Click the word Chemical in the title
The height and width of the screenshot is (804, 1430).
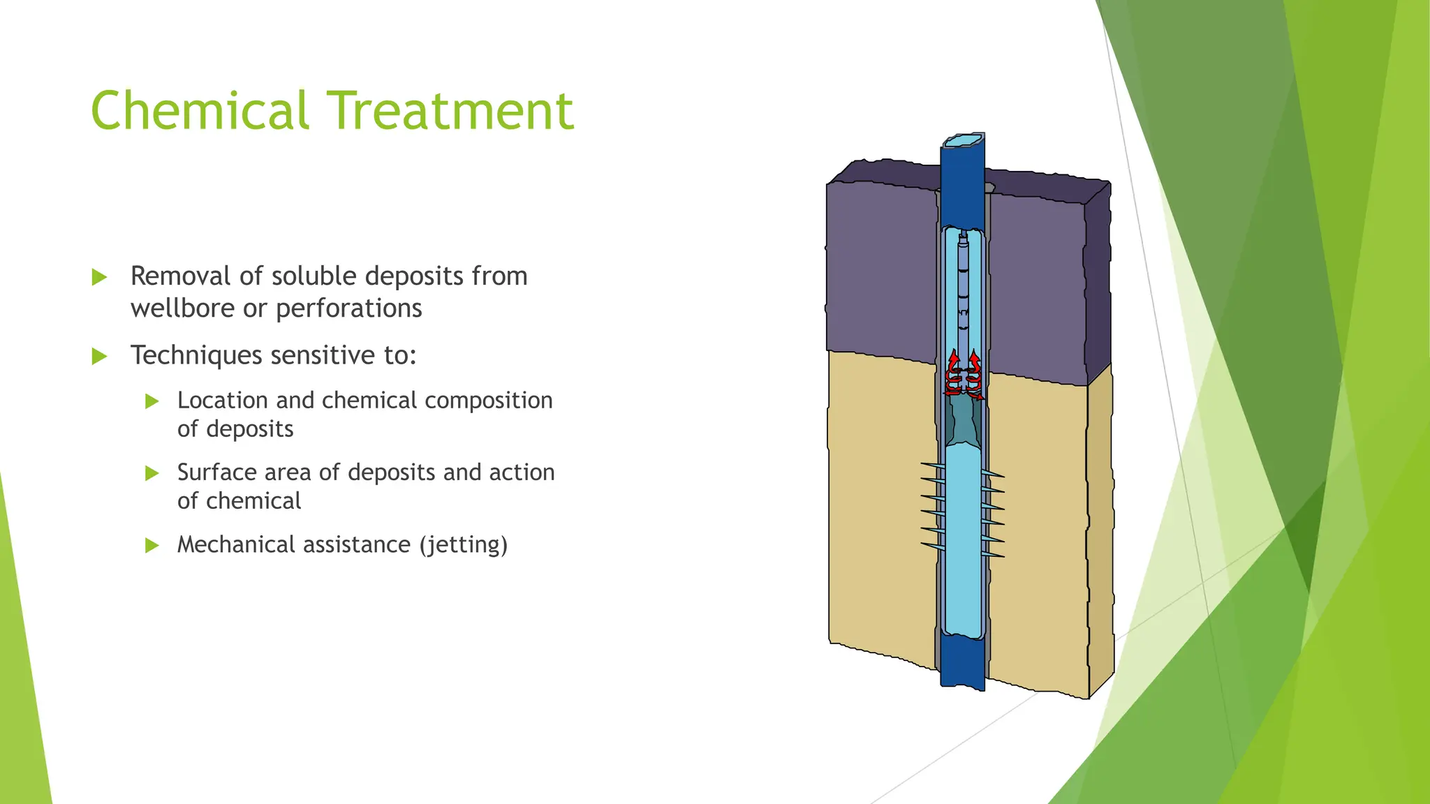200,111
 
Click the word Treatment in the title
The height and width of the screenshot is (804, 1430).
451,111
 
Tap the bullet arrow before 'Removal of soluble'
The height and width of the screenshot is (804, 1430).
100,277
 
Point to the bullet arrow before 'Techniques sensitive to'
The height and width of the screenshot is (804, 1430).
100,357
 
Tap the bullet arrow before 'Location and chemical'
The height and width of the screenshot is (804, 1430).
152,401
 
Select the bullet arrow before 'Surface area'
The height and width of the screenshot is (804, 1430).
152,473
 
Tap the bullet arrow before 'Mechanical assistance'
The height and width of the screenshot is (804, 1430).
152,545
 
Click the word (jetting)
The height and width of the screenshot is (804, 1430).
463,545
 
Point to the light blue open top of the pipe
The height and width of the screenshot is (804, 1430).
963,141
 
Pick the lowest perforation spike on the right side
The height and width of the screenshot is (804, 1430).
993,555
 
